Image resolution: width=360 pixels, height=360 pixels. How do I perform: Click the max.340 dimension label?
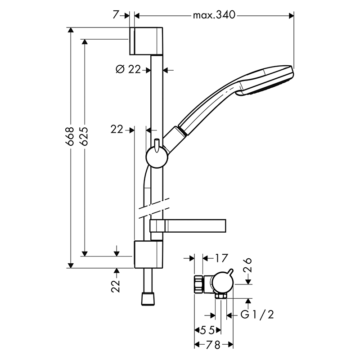coord(214,15)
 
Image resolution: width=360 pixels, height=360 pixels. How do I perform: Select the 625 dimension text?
coord(84,136)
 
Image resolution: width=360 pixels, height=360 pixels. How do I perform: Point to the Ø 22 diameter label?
coord(128,69)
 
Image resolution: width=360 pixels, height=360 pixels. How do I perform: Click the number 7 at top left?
coord(116,15)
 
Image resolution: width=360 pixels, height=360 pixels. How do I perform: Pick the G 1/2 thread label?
coord(257,315)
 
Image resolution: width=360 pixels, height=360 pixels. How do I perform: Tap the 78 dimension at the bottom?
coord(213,345)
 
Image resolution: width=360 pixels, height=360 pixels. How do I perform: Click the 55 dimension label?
coord(207,330)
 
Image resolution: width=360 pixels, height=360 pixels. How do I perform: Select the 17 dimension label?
coord(221,258)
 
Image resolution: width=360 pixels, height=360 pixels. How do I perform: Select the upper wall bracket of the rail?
coord(146,41)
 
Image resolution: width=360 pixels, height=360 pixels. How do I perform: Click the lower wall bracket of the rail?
coord(148,254)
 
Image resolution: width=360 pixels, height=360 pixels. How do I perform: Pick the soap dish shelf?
coord(188,226)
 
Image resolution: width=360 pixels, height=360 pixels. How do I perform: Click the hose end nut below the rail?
coord(147,299)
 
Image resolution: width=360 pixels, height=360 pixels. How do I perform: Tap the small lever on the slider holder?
coord(157,145)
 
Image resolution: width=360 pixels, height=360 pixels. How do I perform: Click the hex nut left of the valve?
coord(199,284)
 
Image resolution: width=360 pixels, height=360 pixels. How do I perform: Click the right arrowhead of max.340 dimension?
coord(291,16)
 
